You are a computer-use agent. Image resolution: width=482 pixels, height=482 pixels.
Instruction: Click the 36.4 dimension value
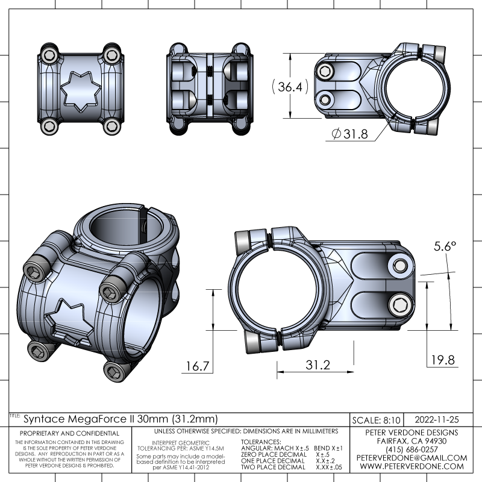click(289, 87)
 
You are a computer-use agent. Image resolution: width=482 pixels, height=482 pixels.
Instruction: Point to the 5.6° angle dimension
click(445, 246)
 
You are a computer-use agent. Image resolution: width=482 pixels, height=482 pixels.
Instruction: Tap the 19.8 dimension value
click(442, 360)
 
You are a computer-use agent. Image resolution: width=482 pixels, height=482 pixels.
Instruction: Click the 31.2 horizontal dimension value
click(318, 365)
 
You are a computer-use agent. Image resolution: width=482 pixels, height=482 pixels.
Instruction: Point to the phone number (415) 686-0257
click(412, 449)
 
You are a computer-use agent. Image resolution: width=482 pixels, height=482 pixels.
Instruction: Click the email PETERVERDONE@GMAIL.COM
click(412, 458)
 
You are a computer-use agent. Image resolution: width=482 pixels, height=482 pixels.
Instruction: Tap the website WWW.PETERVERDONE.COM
click(412, 466)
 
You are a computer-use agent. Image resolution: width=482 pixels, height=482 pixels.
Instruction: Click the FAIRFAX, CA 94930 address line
click(412, 441)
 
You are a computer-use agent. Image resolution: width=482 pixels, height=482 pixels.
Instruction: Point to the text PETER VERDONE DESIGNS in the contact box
click(412, 433)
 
